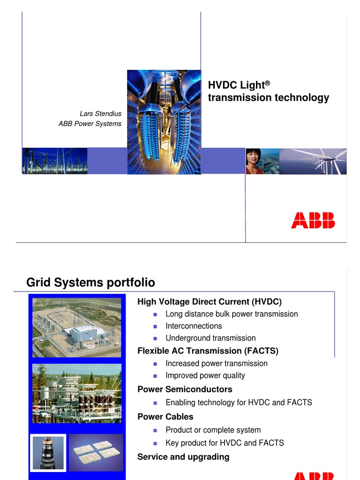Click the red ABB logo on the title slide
click(x=313, y=220)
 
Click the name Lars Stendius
click(x=100, y=113)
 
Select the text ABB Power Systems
click(x=90, y=124)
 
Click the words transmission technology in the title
click(x=268, y=97)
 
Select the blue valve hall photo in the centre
click(x=164, y=122)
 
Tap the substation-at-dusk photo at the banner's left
click(x=55, y=161)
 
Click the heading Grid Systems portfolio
click(x=90, y=282)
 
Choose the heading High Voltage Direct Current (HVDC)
click(x=210, y=301)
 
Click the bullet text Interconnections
click(x=194, y=326)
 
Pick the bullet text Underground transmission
click(x=210, y=338)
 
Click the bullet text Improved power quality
click(x=205, y=375)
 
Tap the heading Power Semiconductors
click(x=185, y=389)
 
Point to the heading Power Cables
click(x=165, y=416)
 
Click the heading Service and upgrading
click(x=183, y=457)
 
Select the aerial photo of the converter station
click(x=76, y=328)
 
